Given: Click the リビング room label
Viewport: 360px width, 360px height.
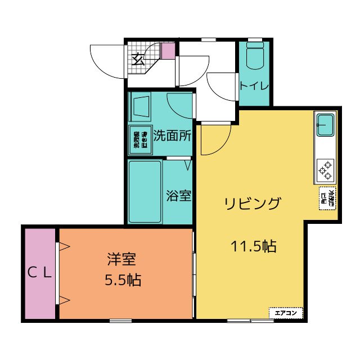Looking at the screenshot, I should pos(252,204).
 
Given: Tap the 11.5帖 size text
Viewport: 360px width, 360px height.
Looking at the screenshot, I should pos(253,246).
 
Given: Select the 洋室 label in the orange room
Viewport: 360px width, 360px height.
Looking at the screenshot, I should pos(122,260).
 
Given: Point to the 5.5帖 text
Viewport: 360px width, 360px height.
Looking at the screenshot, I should pos(123,280).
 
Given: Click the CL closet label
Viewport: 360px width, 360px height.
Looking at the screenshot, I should pos(40,273).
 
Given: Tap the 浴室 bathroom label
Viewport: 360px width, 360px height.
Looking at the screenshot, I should pos(179,196).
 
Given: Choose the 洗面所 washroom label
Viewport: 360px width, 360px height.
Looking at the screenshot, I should pos(172,136).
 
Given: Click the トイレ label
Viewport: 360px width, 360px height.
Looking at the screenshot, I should pos(254,86).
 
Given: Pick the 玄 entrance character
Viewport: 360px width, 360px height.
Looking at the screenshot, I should pos(138,58).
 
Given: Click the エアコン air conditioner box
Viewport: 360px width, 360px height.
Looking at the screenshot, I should pos(286,312).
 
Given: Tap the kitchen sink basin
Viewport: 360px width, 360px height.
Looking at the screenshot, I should pos(325,124).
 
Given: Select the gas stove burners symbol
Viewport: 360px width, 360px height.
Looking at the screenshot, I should pos(325,169).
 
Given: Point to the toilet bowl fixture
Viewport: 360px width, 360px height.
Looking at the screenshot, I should pos(255,56).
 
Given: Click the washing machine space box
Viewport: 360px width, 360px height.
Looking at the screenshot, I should pos(139,139).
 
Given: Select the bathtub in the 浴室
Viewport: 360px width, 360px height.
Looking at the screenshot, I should pos(145,191).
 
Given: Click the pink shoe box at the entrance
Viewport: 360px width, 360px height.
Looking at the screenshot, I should pos(168,51).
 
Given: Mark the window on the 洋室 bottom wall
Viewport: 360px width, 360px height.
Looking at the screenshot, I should pos(120,321).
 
